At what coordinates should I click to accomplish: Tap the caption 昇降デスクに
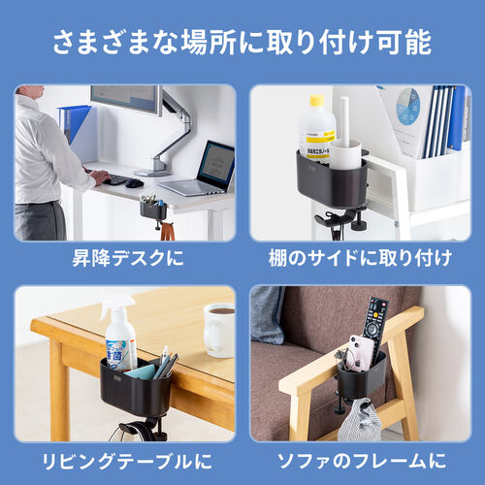[125, 259]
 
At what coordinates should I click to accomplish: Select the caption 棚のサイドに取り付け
[360, 259]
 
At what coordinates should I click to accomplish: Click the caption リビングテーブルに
[125, 461]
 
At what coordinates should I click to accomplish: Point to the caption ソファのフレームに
[360, 461]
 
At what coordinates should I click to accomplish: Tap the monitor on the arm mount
[126, 98]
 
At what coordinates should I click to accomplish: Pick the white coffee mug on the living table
[219, 330]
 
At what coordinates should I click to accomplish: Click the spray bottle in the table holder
[118, 336]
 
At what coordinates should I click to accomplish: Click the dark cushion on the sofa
[267, 315]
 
